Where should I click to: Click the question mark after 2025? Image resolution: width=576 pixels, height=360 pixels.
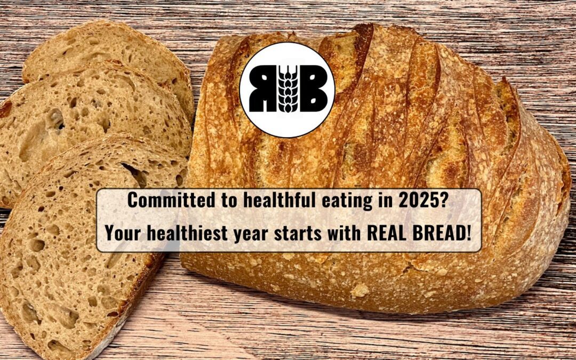(x=448, y=201)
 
